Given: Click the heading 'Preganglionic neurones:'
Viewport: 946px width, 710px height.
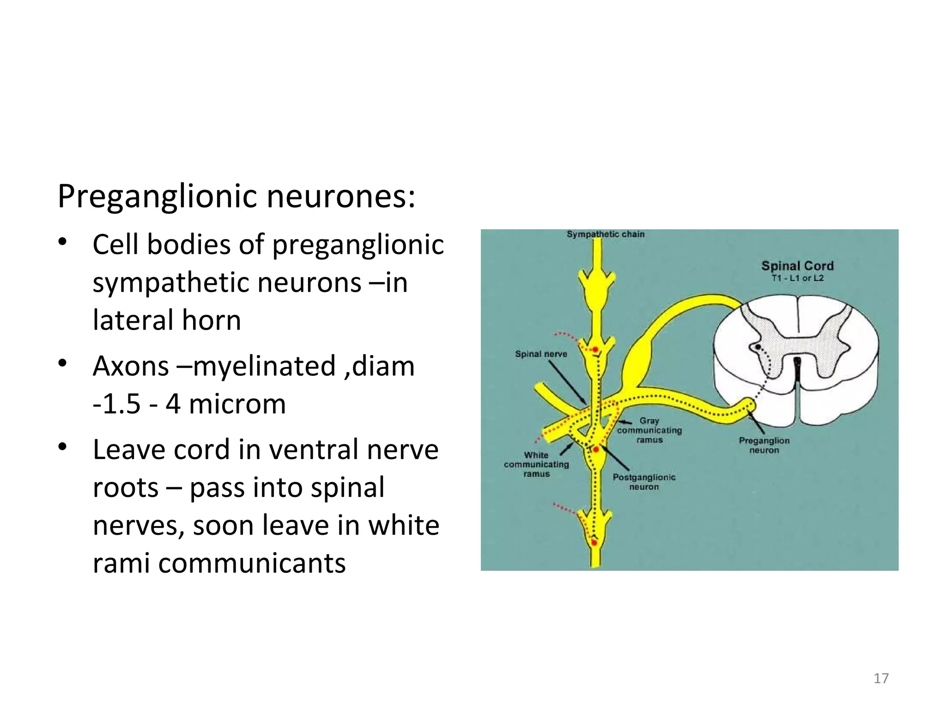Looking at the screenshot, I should click(236, 196).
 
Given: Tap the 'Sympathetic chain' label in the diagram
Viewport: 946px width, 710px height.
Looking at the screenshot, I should click(605, 234).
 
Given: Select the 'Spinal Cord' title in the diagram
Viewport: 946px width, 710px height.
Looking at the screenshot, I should click(797, 266).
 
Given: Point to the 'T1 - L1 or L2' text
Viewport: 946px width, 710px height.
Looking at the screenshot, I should click(797, 278).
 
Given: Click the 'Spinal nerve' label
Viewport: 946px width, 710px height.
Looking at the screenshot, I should click(541, 354).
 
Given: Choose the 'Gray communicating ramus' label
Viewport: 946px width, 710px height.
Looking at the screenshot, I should click(649, 430).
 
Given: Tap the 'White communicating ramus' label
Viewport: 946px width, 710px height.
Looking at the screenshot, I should click(536, 465).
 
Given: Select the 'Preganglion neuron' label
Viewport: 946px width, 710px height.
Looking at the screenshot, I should click(764, 445).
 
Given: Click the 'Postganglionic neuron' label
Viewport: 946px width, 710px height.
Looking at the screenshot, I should click(644, 482).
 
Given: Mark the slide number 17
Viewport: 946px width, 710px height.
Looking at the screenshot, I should click(881, 678).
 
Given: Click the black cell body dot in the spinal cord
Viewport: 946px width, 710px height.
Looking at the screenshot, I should click(758, 347).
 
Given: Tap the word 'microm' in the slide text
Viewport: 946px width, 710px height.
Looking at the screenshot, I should click(237, 404).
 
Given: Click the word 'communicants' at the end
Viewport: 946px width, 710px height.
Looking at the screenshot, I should click(252, 563).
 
